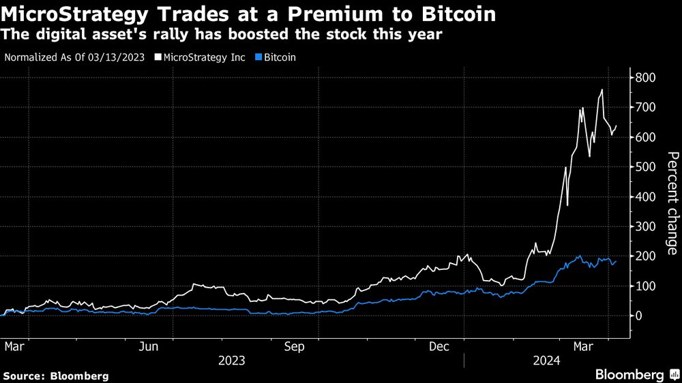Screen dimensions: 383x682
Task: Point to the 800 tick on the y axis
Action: pyautogui.click(x=647, y=78)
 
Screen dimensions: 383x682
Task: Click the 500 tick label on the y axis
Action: pyautogui.click(x=647, y=167)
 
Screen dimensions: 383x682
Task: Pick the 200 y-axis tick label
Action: pyautogui.click(x=647, y=256)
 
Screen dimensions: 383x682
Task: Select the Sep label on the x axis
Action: pyautogui.click(x=294, y=347)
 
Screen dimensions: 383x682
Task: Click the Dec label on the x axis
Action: pyautogui.click(x=439, y=347)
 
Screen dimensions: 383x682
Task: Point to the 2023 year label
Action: pyautogui.click(x=231, y=361)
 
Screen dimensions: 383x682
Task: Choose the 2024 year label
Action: pyautogui.click(x=548, y=361)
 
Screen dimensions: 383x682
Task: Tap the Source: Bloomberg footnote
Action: pyautogui.click(x=56, y=376)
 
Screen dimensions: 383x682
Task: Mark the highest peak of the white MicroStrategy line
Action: pyautogui.click(x=602, y=90)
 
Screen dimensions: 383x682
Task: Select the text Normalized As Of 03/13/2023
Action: pyautogui.click(x=74, y=57)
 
